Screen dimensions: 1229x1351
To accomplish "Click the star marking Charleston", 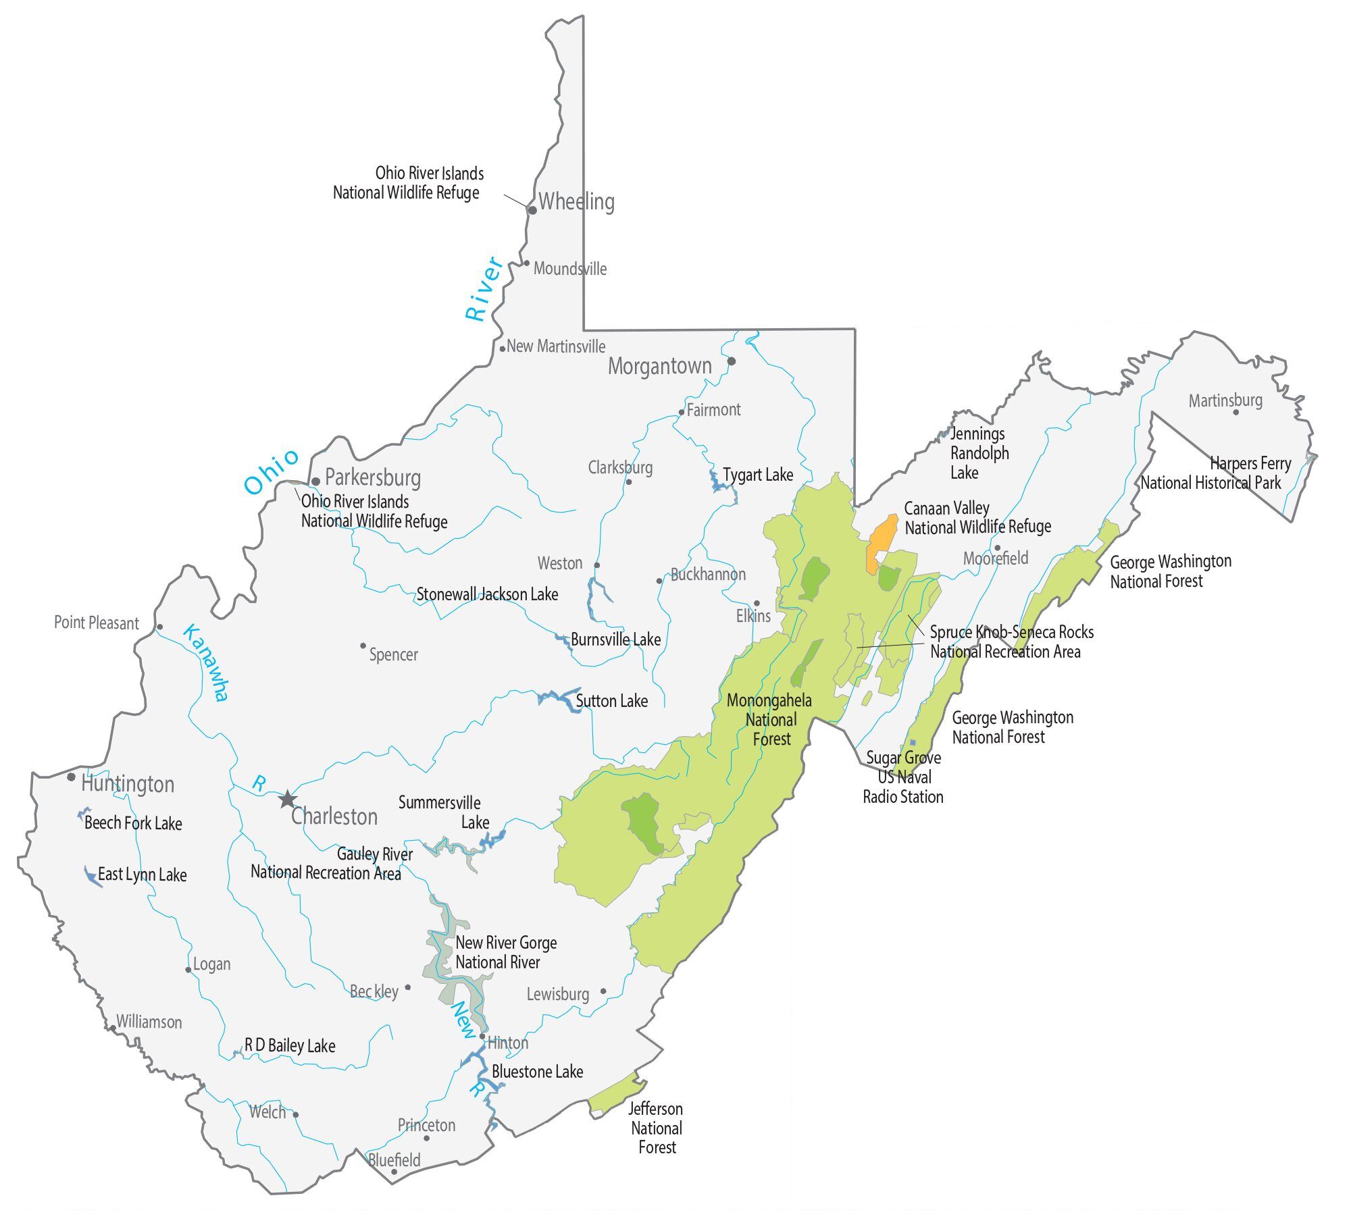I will [x=288, y=800].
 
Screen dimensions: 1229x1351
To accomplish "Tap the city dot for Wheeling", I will [x=532, y=210].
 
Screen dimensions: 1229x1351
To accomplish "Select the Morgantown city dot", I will [x=731, y=361].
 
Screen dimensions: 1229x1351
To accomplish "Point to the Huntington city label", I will [x=128, y=784].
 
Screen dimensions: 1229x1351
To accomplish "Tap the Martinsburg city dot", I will [x=1236, y=412].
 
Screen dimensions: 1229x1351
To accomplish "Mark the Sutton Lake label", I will [x=611, y=701].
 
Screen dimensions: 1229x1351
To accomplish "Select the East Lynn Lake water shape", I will [x=91, y=876].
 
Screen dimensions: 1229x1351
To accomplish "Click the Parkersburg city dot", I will [x=315, y=481].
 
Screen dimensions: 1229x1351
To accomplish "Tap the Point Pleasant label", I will [x=97, y=623].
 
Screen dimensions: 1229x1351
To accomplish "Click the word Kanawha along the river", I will [x=207, y=662].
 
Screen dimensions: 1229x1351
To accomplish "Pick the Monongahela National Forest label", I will [x=770, y=720].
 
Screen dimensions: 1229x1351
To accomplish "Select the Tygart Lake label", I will [x=758, y=475].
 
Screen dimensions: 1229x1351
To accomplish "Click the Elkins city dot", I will [x=757, y=603].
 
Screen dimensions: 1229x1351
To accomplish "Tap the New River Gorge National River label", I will [x=505, y=952].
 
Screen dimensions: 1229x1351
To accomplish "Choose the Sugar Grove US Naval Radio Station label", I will [x=903, y=777].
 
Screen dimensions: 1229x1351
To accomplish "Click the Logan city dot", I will [x=188, y=970].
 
